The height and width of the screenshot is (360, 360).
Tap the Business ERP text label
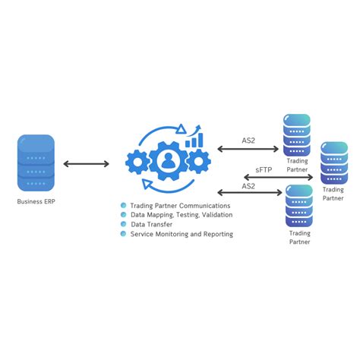(x=36, y=202)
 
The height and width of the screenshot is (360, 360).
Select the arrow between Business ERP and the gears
(x=86, y=163)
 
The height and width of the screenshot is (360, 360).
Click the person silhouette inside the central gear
(x=168, y=160)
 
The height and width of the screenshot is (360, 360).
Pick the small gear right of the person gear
(x=197, y=160)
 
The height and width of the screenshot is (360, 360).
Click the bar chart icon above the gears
(x=195, y=138)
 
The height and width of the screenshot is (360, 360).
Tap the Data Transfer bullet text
(x=151, y=225)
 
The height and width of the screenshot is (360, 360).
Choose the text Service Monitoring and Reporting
(x=182, y=235)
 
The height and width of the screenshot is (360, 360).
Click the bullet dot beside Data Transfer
(x=124, y=225)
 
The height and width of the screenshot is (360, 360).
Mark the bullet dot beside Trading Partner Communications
(x=124, y=205)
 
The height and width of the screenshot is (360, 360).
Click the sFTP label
(x=264, y=170)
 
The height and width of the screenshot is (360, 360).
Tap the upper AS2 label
(x=248, y=141)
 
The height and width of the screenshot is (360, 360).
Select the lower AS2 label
(x=248, y=185)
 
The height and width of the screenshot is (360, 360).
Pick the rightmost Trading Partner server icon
(x=333, y=162)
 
